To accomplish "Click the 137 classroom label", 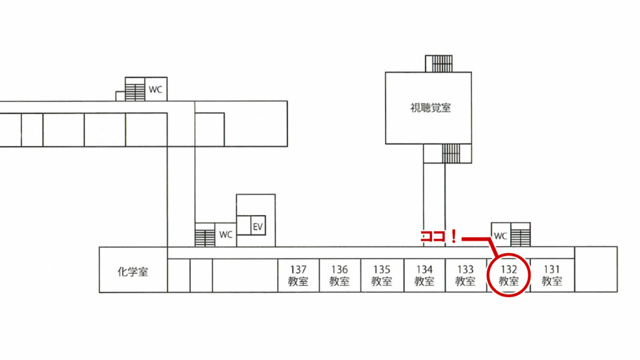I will [x=298, y=276].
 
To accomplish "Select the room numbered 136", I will [x=339, y=276].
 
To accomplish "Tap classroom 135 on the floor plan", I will [x=381, y=276].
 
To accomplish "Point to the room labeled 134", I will [x=424, y=276].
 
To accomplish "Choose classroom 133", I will [x=466, y=276].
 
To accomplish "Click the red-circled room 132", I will [x=508, y=276].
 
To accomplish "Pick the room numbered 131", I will [x=551, y=276].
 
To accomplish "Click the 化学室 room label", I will [x=133, y=272].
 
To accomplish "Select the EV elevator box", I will [x=257, y=226].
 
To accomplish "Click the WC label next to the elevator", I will [x=226, y=235].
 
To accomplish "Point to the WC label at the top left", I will [x=155, y=89].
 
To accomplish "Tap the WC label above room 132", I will [x=501, y=236].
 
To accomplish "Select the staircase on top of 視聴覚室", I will [x=438, y=64].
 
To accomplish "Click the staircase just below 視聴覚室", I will [x=451, y=153].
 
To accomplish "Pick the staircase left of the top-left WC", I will [x=134, y=89].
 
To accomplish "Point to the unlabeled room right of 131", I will [x=596, y=269].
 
